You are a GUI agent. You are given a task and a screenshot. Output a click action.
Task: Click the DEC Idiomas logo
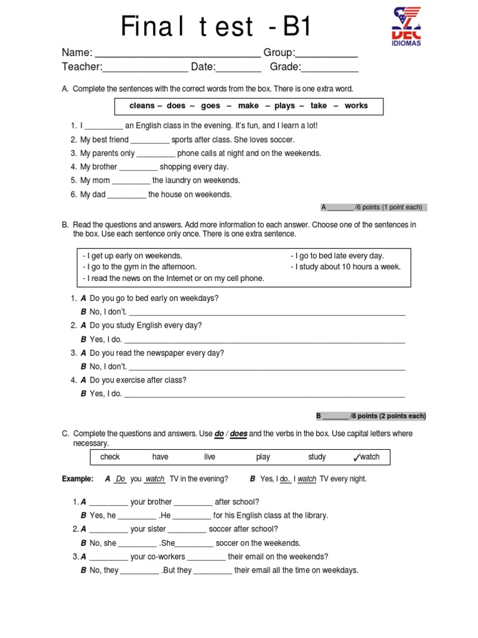tap(406, 27)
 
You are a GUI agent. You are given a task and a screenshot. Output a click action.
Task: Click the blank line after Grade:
tap(330, 70)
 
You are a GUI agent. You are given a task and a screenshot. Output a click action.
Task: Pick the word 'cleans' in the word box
tap(142, 106)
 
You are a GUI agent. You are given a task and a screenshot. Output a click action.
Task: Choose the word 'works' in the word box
tap(356, 106)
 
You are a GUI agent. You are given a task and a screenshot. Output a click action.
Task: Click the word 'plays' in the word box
tap(284, 106)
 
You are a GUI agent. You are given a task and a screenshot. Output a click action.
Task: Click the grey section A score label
tap(372, 207)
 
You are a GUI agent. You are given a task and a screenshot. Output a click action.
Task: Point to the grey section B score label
tap(371, 416)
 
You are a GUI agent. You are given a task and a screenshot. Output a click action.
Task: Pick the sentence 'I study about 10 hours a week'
tap(345, 267)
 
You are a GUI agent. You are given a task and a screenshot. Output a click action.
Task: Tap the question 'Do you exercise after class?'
tap(138, 380)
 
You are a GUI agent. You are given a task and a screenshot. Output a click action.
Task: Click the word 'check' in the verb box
tap(110, 457)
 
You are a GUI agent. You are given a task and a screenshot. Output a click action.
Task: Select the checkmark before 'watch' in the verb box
tap(356, 458)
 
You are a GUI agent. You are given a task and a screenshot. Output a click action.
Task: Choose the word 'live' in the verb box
tap(210, 457)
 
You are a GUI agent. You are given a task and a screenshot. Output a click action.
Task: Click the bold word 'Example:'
tap(78, 479)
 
